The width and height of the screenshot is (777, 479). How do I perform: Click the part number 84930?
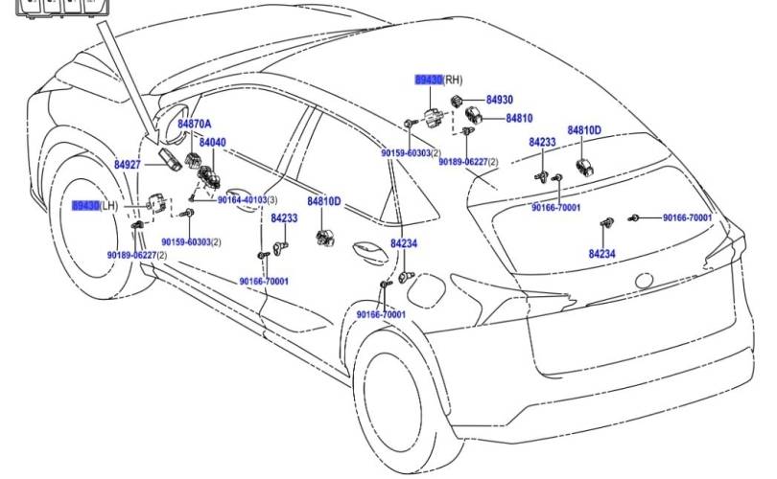pos(499,100)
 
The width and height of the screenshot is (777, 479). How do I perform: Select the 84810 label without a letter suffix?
pos(519,118)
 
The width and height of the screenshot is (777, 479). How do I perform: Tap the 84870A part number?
pos(195,125)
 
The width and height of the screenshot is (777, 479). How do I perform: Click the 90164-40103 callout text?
pos(243,199)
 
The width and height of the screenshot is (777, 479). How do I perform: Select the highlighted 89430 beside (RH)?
pos(428,80)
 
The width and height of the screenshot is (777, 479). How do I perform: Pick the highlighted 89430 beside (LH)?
pos(85,206)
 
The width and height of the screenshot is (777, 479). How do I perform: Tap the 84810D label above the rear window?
pos(584,130)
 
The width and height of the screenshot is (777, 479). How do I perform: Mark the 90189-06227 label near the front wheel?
pos(131,255)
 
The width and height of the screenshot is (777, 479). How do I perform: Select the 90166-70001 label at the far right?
pos(687,218)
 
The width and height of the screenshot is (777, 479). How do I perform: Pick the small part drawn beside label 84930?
pos(460,101)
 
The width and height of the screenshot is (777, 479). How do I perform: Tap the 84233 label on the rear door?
pos(284,218)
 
